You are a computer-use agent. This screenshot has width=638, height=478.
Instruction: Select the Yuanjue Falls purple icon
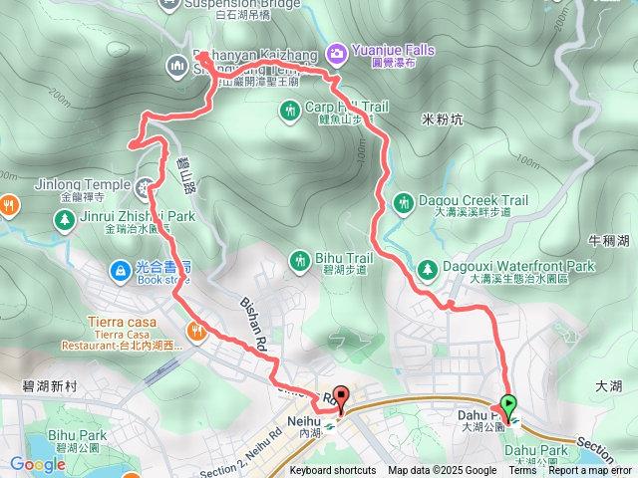coord(337,50)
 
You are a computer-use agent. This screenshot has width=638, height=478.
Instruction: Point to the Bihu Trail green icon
coord(299,261)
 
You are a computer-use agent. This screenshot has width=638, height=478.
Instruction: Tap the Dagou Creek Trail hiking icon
coord(403,202)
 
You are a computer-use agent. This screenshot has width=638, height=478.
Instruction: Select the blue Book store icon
coord(120,270)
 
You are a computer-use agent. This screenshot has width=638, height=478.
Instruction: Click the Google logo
coord(37,464)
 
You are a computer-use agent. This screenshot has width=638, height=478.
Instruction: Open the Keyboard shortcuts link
coord(333,471)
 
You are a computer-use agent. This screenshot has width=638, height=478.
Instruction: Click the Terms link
coord(523,471)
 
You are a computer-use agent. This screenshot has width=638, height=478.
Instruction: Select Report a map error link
coord(590,471)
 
